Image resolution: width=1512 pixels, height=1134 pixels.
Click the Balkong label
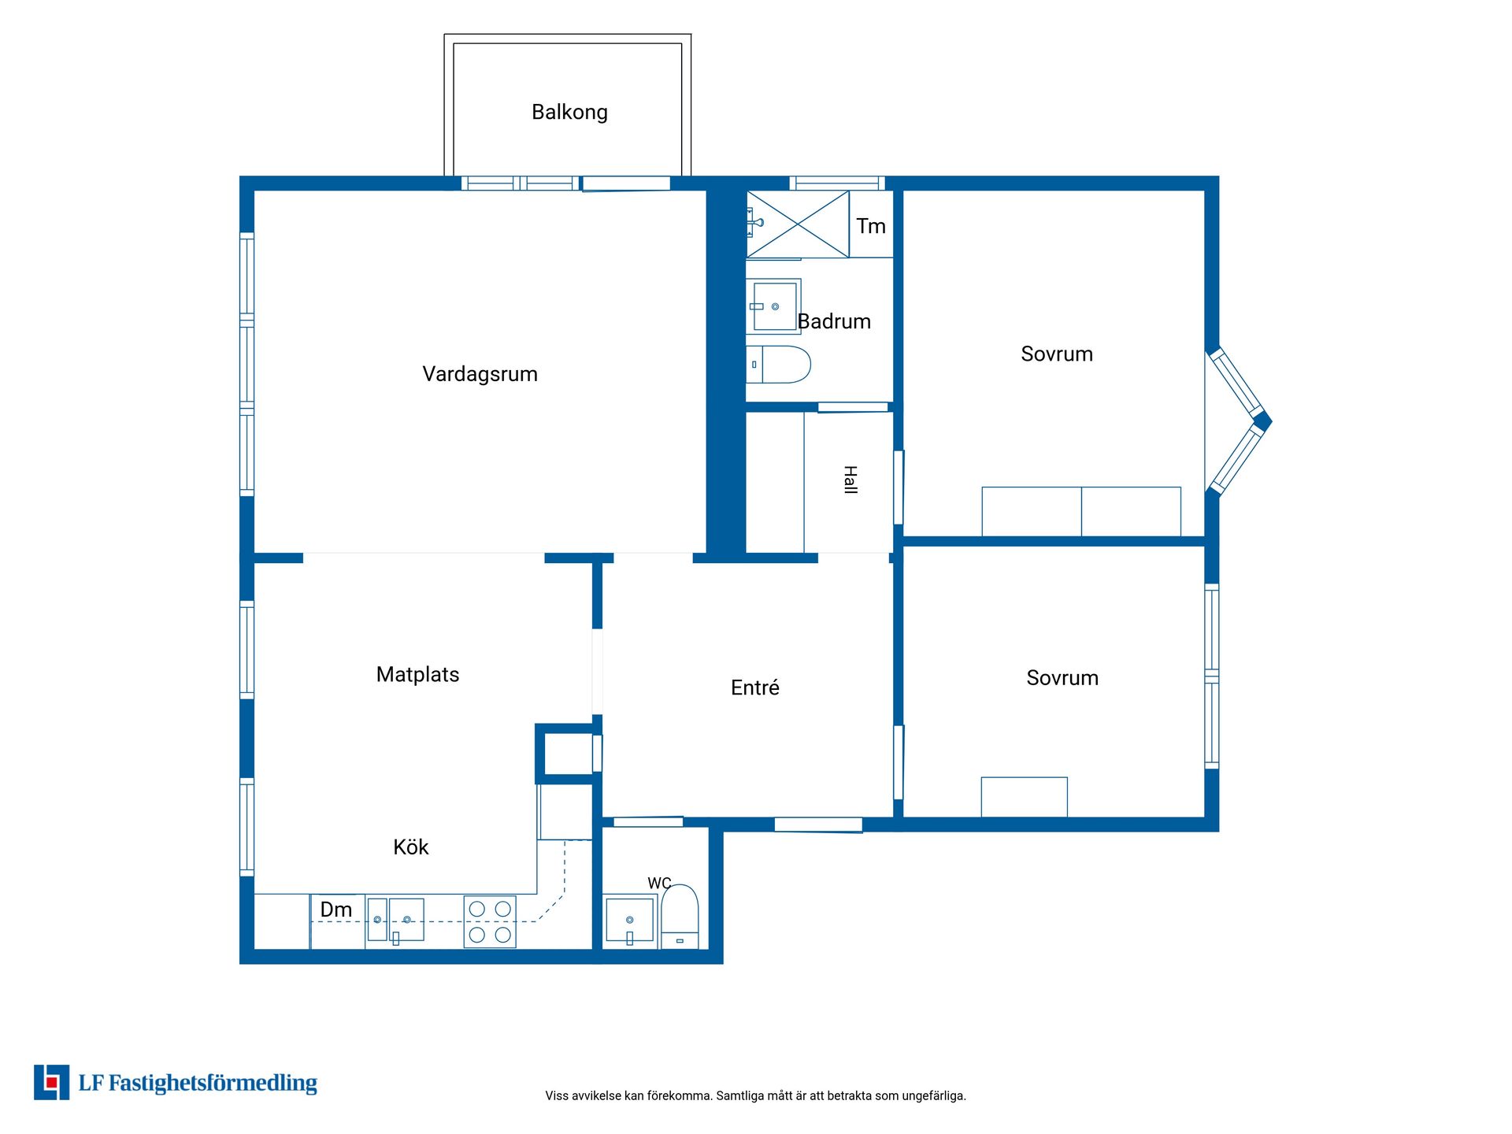point(569,113)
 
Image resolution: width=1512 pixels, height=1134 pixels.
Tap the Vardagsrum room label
point(480,374)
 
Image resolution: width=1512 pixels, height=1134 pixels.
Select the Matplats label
point(417,675)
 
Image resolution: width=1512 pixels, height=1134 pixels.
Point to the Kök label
point(410,847)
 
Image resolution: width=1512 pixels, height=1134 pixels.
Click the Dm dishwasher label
point(335,910)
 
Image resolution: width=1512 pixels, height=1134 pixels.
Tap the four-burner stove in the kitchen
point(490,921)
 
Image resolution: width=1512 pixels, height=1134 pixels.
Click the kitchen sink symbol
point(395,920)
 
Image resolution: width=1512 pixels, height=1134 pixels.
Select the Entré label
point(754,687)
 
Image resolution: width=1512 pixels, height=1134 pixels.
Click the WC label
point(659,884)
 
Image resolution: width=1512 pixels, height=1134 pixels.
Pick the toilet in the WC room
point(680,917)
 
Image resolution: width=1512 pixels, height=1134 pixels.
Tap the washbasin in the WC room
point(629,921)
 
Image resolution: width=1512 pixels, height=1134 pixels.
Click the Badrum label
point(834,321)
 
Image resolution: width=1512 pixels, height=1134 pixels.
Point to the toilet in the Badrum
point(778,365)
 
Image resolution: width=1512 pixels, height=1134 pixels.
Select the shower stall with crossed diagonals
point(798,224)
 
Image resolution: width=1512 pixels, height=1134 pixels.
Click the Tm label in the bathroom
point(871,227)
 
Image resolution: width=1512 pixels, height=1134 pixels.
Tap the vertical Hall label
point(850,480)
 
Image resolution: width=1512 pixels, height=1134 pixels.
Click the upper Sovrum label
point(1057,354)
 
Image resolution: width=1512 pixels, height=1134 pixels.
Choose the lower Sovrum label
point(1062,678)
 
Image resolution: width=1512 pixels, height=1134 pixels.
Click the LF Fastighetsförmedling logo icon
point(51,1082)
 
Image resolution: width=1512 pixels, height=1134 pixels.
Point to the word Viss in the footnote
point(557,1095)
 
